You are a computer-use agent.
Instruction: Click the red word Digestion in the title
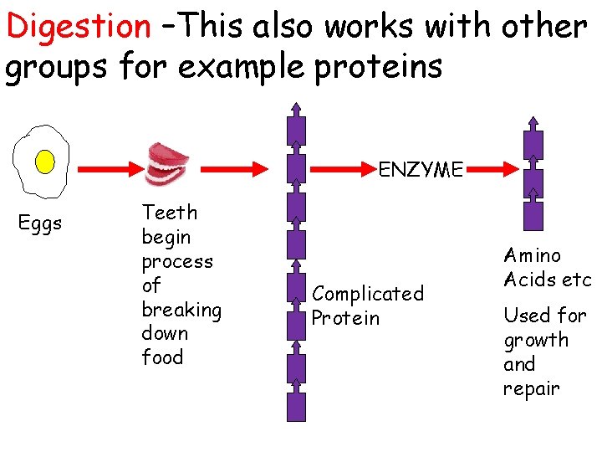(77, 27)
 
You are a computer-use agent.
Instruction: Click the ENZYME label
(421, 171)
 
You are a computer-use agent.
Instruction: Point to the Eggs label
(40, 224)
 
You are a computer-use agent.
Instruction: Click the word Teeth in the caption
(170, 213)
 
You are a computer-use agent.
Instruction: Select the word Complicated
(368, 294)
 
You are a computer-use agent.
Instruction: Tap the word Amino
(533, 255)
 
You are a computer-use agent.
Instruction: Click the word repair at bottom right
(531, 389)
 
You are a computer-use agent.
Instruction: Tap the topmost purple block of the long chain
(296, 131)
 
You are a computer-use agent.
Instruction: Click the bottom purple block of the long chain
(296, 407)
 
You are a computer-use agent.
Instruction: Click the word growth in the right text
(535, 341)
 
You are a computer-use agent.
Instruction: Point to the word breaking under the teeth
(181, 310)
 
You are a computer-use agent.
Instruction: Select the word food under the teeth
(162, 357)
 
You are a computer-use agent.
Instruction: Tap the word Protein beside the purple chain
(345, 318)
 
